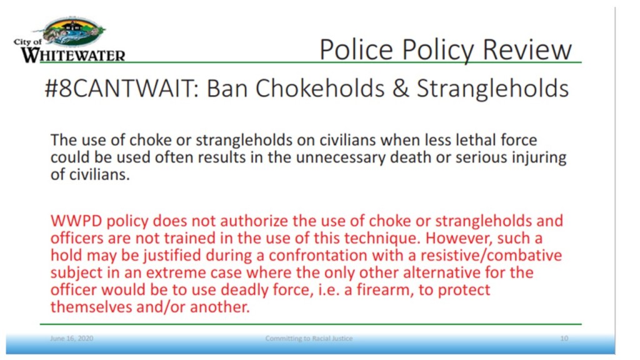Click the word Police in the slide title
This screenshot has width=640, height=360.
(356, 49)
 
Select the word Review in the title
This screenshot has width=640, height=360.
(527, 49)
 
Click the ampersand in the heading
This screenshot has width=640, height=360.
(401, 88)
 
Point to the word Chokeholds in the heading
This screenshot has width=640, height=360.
(319, 88)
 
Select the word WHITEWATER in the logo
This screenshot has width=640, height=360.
(73, 55)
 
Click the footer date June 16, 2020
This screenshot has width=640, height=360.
(71, 338)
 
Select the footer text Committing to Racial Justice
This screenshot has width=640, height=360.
(309, 338)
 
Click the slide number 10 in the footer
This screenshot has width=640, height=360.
(564, 338)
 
